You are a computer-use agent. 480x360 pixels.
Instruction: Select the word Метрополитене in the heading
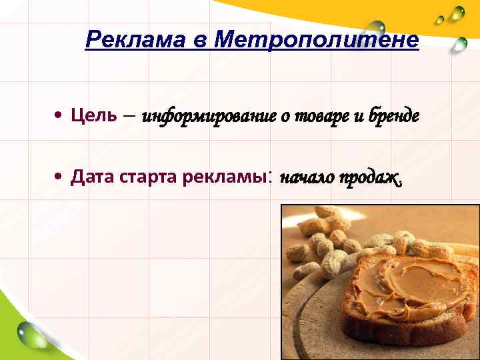[317, 41]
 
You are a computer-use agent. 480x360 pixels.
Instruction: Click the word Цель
[94, 115]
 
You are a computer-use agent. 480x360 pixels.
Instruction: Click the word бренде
[393, 117]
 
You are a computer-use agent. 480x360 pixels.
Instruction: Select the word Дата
[92, 177]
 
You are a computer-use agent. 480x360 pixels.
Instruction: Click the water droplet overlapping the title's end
[377, 28]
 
